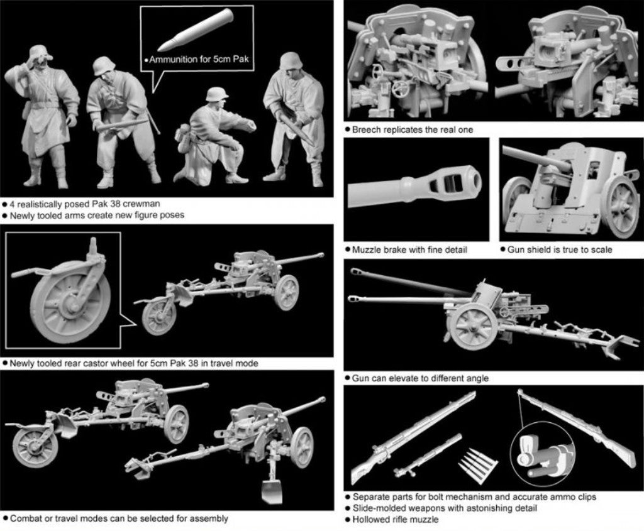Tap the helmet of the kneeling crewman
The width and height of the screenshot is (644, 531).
coord(217,94)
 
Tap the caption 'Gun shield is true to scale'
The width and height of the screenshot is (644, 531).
coord(559,249)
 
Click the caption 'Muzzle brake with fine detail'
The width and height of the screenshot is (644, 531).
coord(409,249)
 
